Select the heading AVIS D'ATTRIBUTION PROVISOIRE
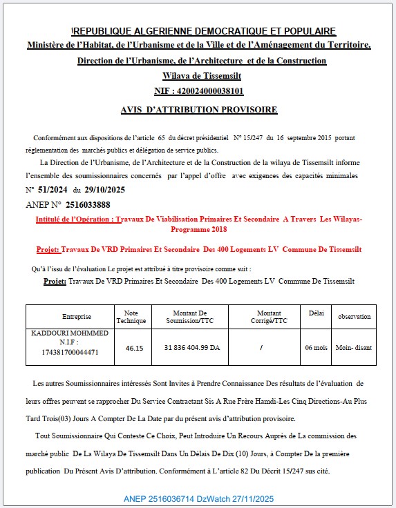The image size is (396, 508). (198, 110)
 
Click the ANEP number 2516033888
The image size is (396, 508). (88, 204)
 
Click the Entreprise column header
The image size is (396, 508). (76, 317)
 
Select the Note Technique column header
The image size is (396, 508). (131, 317)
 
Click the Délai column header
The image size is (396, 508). (317, 313)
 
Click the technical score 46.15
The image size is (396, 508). (134, 348)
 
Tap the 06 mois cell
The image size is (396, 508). (316, 348)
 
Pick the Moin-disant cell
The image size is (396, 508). (354, 348)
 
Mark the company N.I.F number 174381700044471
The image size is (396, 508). (70, 352)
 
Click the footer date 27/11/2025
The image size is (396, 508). (252, 498)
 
